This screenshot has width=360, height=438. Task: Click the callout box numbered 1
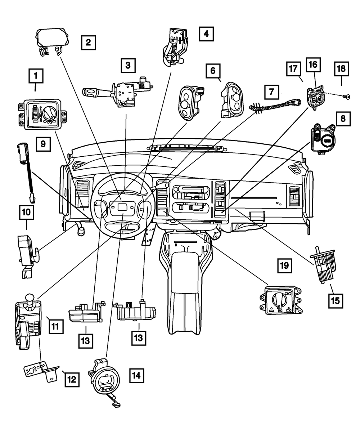pyautogui.click(x=36, y=76)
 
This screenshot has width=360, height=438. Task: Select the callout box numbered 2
pyautogui.click(x=88, y=43)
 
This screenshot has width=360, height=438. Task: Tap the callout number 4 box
pyautogui.click(x=206, y=34)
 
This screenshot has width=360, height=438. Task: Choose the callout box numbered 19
pyautogui.click(x=284, y=266)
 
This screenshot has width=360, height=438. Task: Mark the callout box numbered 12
pyautogui.click(x=71, y=379)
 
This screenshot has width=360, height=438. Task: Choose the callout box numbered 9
pyautogui.click(x=43, y=144)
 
